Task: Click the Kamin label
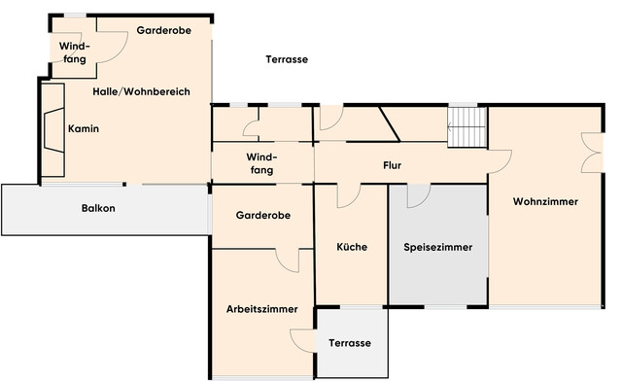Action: tap(84, 128)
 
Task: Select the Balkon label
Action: tap(98, 208)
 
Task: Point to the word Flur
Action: tap(393, 165)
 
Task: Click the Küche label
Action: tap(351, 247)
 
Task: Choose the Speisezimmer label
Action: tap(437, 248)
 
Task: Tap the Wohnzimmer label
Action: tap(545, 202)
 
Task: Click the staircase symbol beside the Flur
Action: tap(466, 126)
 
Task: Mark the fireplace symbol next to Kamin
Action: tap(52, 130)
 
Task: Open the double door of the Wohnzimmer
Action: tap(589, 156)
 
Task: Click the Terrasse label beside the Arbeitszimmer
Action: tap(349, 344)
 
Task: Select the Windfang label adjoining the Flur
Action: tap(260, 163)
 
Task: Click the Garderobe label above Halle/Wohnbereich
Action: tap(163, 31)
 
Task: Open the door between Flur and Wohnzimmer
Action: tap(500, 163)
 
